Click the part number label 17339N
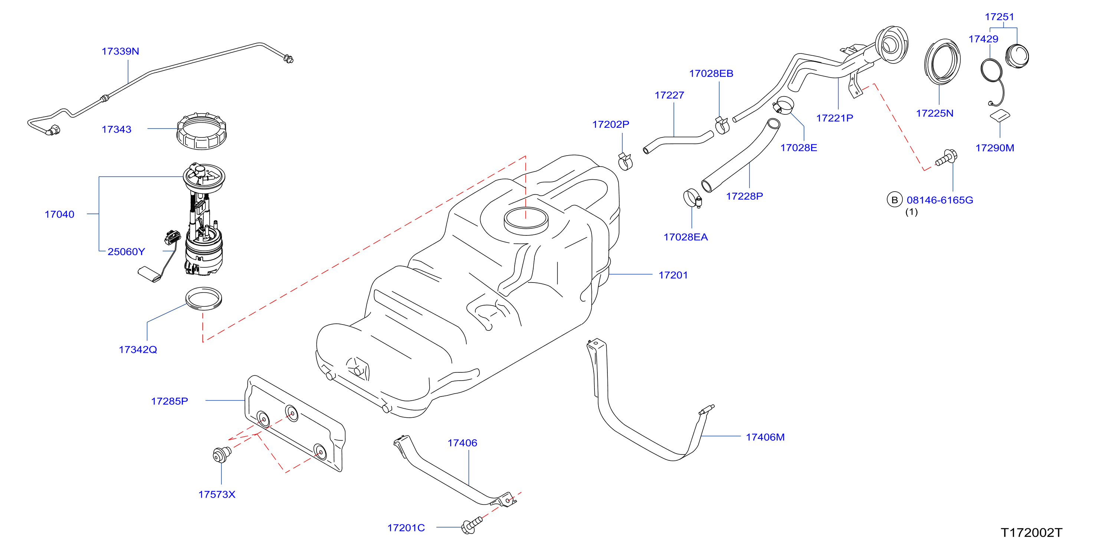pos(120,51)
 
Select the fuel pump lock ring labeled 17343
pos(201,131)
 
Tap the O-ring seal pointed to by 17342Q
pos(203,298)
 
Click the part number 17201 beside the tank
pos(673,275)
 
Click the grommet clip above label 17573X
pos(222,454)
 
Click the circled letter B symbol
pos(894,200)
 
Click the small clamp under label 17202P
pos(626,161)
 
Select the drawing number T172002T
pos(1031,532)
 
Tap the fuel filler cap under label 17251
pos(1017,56)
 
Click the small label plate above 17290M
pos(1000,116)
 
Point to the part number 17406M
pos(765,437)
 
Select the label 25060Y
pos(126,252)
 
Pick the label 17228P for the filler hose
pos(744,196)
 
